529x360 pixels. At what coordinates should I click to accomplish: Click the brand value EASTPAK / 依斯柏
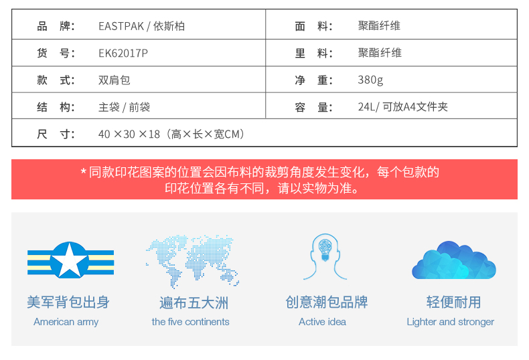pyautogui.click(x=142, y=26)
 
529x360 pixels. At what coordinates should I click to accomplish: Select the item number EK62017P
pyautogui.click(x=123, y=53)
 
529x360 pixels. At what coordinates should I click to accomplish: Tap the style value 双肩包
pyautogui.click(x=115, y=80)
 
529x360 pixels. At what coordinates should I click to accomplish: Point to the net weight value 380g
pyautogui.click(x=370, y=80)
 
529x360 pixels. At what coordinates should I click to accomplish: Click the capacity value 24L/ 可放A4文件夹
pyautogui.click(x=403, y=107)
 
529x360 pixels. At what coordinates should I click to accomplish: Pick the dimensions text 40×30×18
pyautogui.click(x=129, y=134)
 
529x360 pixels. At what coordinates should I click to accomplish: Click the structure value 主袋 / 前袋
pyautogui.click(x=124, y=107)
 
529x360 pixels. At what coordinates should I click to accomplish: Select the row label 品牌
pyautogui.click(x=56, y=26)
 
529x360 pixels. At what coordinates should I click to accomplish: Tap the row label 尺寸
pyautogui.click(x=56, y=134)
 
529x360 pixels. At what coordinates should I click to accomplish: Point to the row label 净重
pyautogui.click(x=314, y=80)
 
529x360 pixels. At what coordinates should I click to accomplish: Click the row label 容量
pyautogui.click(x=314, y=107)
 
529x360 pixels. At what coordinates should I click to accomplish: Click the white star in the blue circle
pyautogui.click(x=70, y=260)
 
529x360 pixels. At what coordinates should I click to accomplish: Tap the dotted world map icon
pyautogui.click(x=193, y=261)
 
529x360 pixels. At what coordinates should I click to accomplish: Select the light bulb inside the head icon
pyautogui.click(x=325, y=250)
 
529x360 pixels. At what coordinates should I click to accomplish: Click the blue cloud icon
pyautogui.click(x=454, y=260)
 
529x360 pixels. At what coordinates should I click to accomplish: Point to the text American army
pyautogui.click(x=66, y=322)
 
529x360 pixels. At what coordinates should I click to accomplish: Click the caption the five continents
pyautogui.click(x=191, y=322)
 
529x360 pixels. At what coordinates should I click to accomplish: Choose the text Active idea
pyautogui.click(x=323, y=322)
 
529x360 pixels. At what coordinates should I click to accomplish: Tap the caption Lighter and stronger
pyautogui.click(x=451, y=322)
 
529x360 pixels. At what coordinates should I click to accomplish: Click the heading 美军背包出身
pyautogui.click(x=68, y=302)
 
